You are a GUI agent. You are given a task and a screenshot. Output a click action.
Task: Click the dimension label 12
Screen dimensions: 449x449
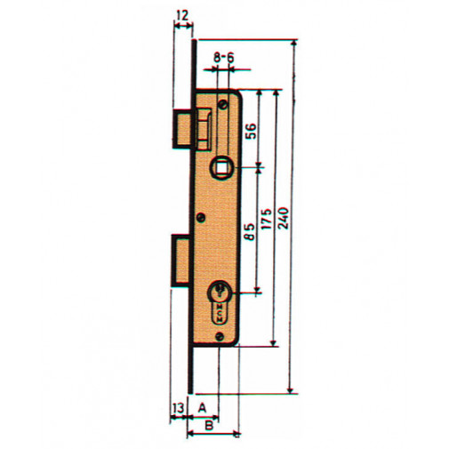pyautogui.click(x=182, y=15)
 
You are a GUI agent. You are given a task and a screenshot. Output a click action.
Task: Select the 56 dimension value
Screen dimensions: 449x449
pyautogui.click(x=251, y=130)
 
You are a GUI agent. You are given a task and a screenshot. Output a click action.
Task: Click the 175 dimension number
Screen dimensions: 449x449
pyautogui.click(x=268, y=219)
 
